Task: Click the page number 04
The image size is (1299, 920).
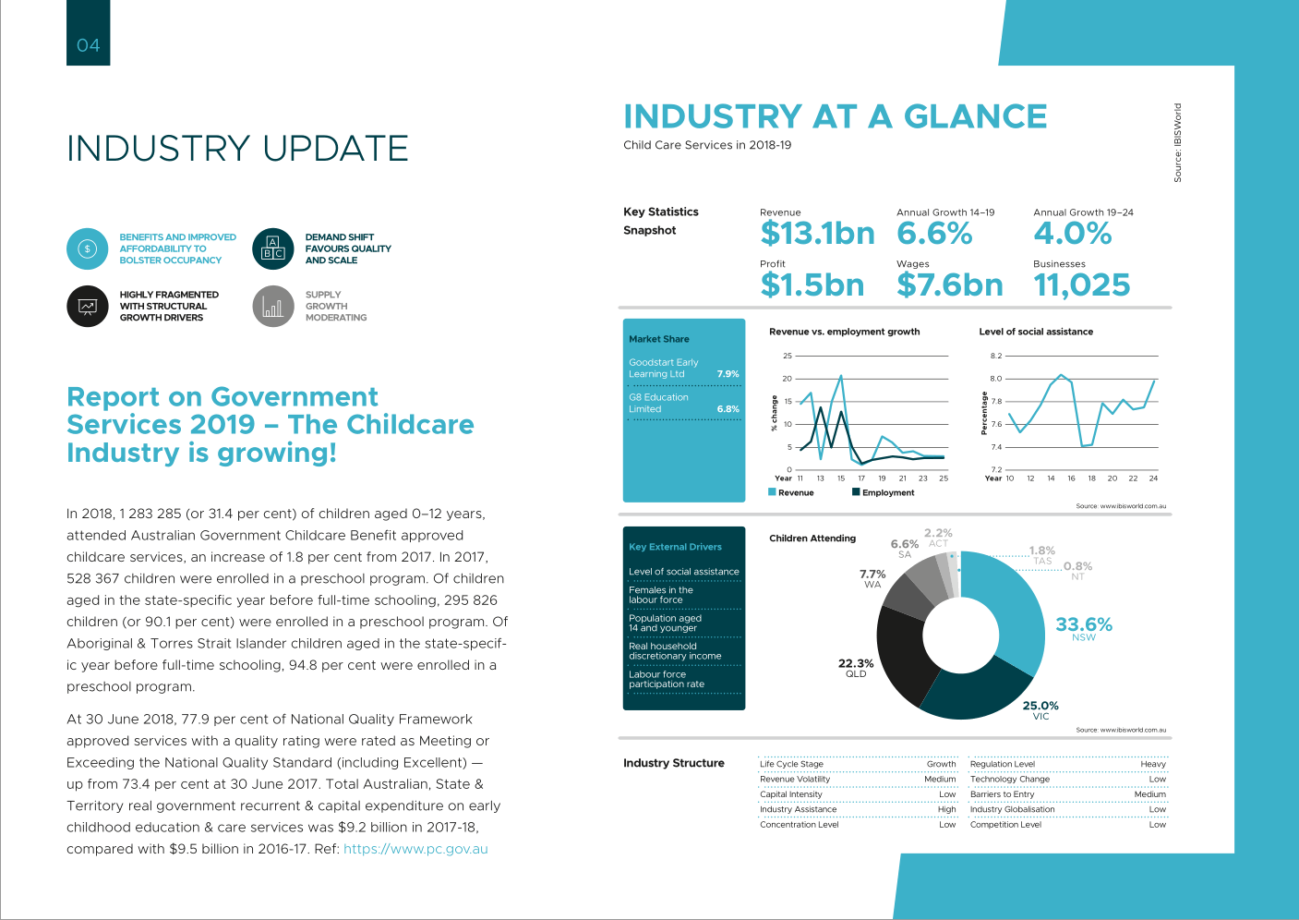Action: (x=88, y=45)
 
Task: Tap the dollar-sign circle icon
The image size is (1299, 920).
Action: (x=88, y=248)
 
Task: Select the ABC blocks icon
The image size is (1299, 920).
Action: (x=273, y=248)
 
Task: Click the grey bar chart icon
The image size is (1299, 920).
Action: (x=273, y=307)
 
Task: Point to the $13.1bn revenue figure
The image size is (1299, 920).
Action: (x=817, y=233)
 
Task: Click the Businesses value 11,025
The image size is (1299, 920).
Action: (x=1081, y=285)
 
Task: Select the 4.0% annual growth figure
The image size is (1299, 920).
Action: (x=1072, y=233)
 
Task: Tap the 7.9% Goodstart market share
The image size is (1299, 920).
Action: (x=728, y=374)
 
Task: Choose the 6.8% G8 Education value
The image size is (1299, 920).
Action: (x=728, y=409)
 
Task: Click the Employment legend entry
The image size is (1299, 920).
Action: (x=884, y=492)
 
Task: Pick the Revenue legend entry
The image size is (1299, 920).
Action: (x=791, y=492)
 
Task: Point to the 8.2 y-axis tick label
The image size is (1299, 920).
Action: (x=995, y=356)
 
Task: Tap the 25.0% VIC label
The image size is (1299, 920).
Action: (x=1040, y=710)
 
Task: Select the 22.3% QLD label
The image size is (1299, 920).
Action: (x=856, y=668)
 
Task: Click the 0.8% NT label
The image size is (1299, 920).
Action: (x=1077, y=571)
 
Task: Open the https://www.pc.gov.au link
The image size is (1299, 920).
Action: (x=415, y=849)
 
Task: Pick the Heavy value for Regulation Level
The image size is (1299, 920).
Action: (x=1153, y=764)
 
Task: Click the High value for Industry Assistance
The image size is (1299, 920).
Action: (x=947, y=809)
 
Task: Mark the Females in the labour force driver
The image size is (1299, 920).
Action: (x=661, y=595)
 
